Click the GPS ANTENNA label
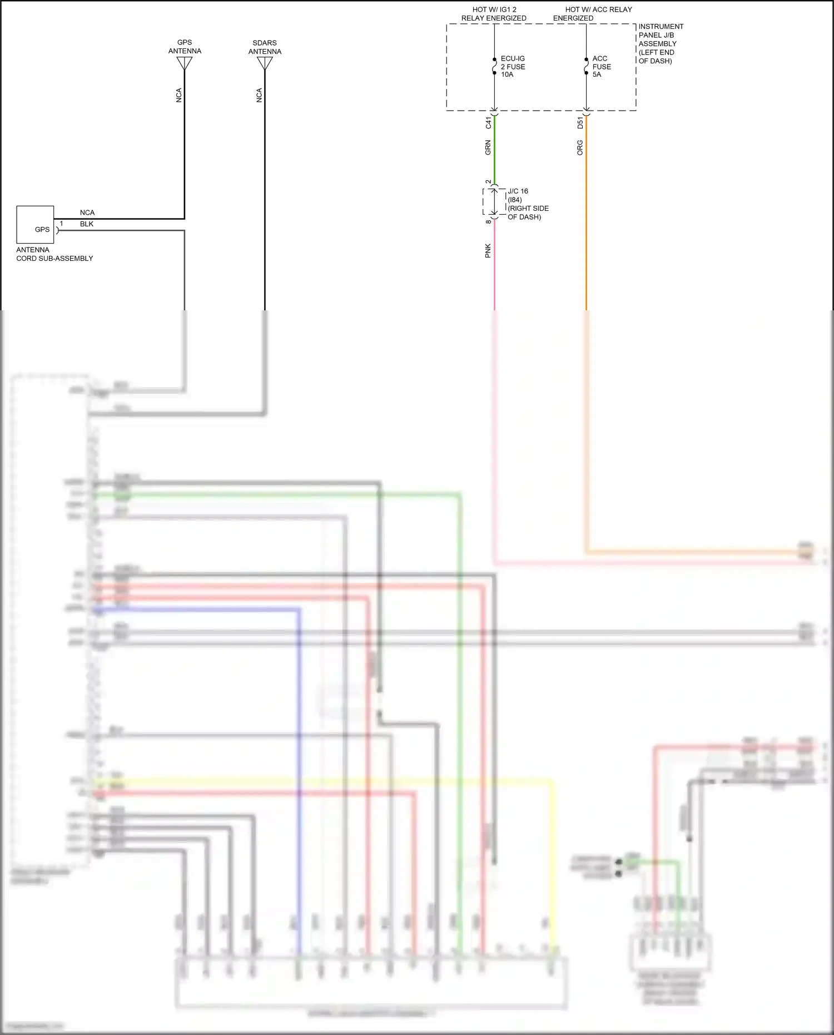pos(185,47)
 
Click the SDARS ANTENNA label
pos(265,47)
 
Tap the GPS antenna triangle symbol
pos(185,63)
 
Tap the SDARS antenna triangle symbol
pos(265,63)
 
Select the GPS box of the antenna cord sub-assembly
pos(35,225)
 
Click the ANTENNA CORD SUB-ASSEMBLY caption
pos(54,254)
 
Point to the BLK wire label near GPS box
pos(87,224)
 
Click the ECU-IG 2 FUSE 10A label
pos(513,66)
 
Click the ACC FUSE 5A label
pos(601,66)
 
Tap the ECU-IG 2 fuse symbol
pos(494,66)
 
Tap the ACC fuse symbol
pos(586,66)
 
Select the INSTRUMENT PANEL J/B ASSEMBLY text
pos(661,43)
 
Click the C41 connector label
pos(488,123)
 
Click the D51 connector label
pos(580,123)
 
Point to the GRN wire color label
pos(488,148)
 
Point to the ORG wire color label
pos(580,148)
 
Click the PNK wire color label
pos(488,250)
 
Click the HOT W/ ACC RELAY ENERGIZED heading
pos(593,14)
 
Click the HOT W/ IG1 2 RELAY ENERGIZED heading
pos(494,14)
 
